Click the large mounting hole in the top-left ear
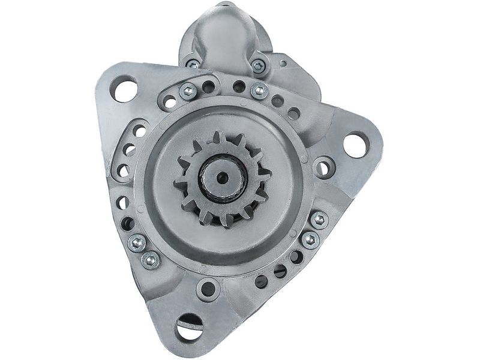pyautogui.click(x=124, y=90)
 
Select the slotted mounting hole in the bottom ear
pyautogui.click(x=190, y=328)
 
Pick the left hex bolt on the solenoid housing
pyautogui.click(x=193, y=64)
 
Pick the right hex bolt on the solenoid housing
pyautogui.click(x=258, y=67)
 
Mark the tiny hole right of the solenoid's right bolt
pyautogui.click(x=283, y=62)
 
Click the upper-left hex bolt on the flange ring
pyautogui.click(x=187, y=91)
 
